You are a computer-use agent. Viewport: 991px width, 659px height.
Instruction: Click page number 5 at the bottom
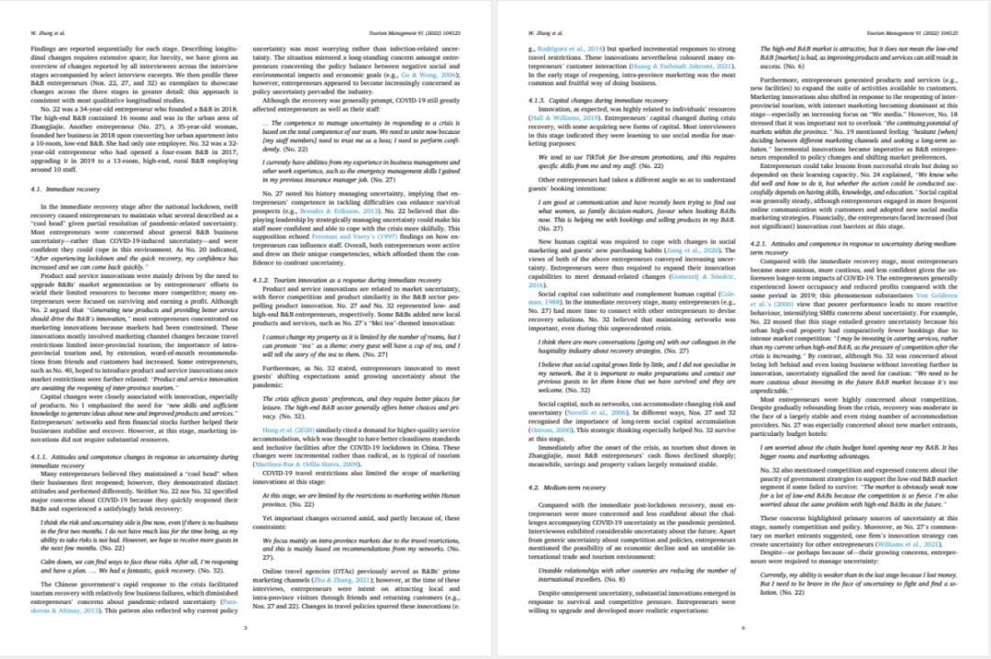pos(246,627)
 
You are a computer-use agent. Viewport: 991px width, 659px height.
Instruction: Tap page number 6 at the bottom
pos(743,627)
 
